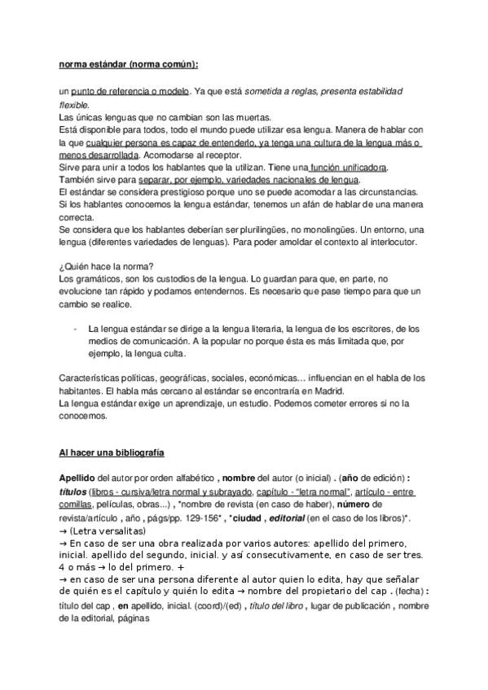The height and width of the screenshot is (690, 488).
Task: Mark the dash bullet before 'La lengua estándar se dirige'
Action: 75,329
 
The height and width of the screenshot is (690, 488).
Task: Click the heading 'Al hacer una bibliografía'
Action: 112,451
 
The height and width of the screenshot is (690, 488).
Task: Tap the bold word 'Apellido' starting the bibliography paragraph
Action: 79,477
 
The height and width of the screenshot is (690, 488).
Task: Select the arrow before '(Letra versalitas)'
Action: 64,531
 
